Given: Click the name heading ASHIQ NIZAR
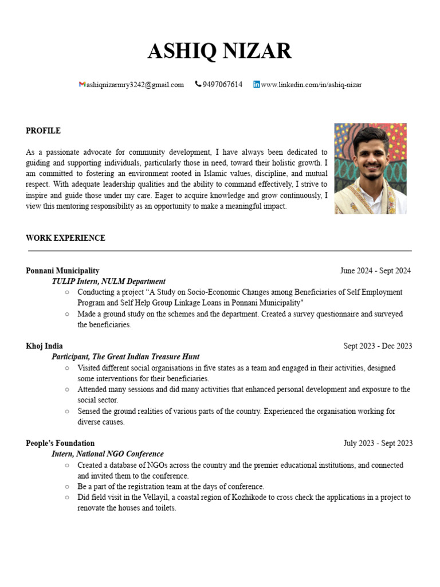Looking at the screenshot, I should [x=219, y=52].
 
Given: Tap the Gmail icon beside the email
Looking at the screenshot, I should [x=81, y=84].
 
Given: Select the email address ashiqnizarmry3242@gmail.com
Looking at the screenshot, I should [x=135, y=85].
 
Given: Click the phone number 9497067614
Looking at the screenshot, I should [x=222, y=85].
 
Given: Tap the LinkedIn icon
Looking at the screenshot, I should [x=256, y=84].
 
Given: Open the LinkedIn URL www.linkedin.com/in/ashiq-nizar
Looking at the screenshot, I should [x=311, y=85].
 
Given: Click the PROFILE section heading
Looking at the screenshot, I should [x=43, y=131].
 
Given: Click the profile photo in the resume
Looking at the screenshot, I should [x=370, y=169].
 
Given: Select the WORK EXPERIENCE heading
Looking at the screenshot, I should [x=65, y=238].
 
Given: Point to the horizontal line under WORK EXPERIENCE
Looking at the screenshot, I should [x=219, y=251].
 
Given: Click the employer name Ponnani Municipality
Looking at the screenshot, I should [x=62, y=271].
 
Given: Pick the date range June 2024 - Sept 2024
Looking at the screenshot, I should [x=375, y=271].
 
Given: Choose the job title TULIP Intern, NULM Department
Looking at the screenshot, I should [x=108, y=281].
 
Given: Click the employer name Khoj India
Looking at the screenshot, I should [x=44, y=346].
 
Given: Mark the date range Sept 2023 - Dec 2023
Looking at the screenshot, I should [x=378, y=346].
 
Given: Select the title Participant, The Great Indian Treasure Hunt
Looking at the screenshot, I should [x=125, y=357].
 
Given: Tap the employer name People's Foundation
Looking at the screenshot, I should [x=60, y=443].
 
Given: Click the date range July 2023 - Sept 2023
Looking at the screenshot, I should [x=378, y=443].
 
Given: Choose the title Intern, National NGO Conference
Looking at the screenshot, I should [x=108, y=454].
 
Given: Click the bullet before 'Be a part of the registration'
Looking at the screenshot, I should [x=67, y=487].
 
